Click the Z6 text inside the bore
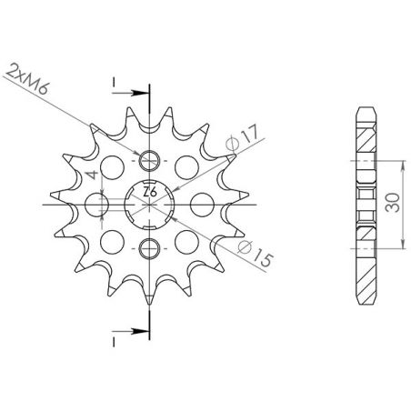[151, 193]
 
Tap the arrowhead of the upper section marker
[140, 92]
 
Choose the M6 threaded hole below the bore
[151, 246]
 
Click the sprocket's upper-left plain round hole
[114, 166]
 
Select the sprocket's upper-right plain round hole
[188, 166]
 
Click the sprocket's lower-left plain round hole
[114, 240]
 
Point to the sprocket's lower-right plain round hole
[188, 240]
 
